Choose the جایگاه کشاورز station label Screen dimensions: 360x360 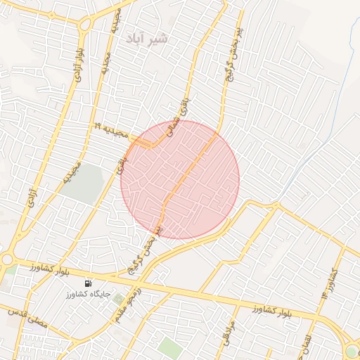(86, 295)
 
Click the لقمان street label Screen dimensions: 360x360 (303, 345)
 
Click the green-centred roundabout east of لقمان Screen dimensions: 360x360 (352, 351)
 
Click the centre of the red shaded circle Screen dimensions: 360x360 (180, 180)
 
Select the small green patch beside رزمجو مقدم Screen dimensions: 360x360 (117, 300)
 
